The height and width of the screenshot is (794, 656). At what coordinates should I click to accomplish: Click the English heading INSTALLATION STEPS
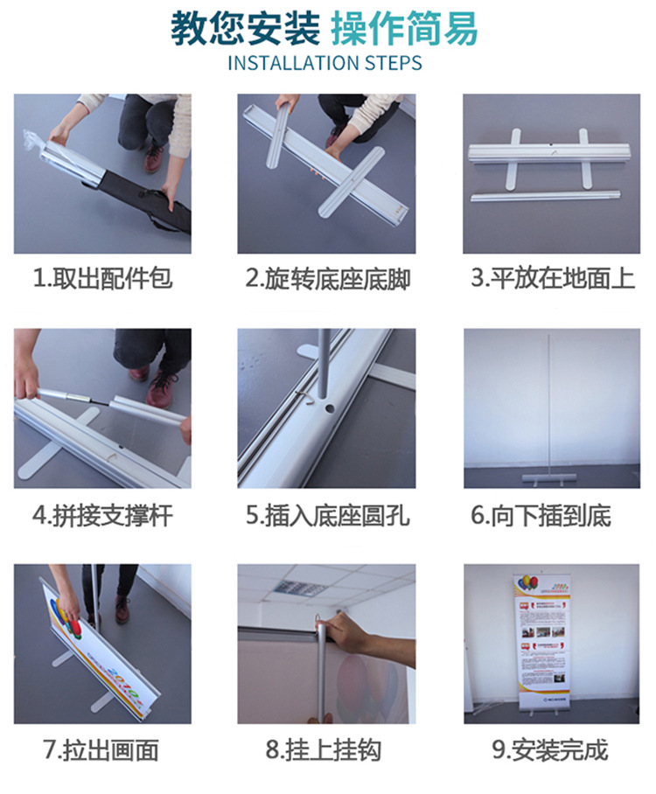[325, 63]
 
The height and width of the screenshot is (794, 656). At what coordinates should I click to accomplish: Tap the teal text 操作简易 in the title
[404, 28]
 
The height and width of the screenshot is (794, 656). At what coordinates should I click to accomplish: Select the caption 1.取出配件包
[102, 279]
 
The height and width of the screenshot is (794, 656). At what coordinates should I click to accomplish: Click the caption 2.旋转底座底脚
[327, 279]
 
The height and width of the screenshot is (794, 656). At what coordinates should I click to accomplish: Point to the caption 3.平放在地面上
[552, 279]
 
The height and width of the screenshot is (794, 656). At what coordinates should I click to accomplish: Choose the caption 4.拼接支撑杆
[102, 514]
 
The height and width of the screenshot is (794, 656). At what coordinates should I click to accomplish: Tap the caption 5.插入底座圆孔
[327, 514]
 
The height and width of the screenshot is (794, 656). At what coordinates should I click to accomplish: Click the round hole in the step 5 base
[333, 407]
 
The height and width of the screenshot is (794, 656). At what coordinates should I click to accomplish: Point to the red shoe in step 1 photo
[154, 157]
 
